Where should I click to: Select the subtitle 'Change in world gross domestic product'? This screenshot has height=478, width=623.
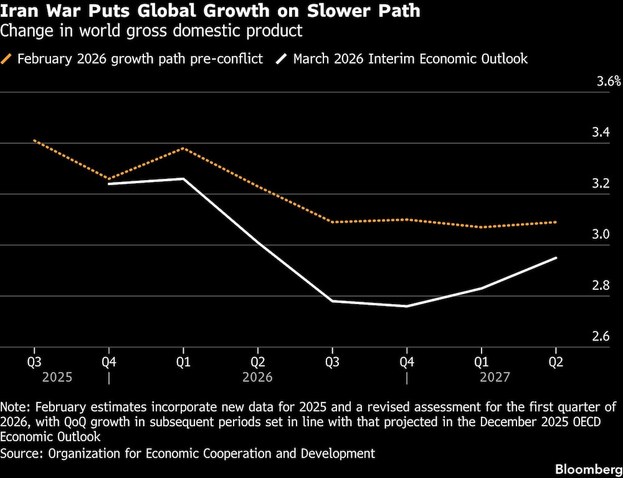151,30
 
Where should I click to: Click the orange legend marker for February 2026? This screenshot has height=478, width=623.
7,59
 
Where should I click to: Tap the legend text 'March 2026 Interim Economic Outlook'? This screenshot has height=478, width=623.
410,59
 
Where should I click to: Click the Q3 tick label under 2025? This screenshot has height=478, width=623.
34,361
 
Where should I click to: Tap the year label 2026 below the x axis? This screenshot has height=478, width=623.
257,377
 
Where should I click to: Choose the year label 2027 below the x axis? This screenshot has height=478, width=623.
495,377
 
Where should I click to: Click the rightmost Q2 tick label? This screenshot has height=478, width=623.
555,361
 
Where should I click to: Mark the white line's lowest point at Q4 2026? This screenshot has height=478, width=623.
406,306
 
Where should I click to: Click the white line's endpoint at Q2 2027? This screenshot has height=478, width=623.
556,257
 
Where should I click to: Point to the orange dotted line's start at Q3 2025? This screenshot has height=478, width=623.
34,140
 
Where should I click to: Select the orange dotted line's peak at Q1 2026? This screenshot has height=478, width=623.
183,148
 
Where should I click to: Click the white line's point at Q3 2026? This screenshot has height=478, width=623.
332,301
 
